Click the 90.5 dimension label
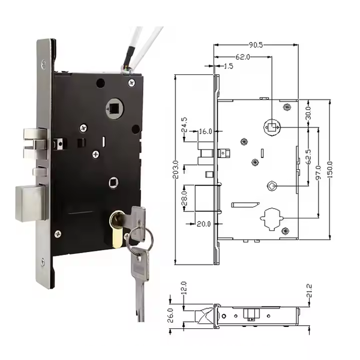click(x=256, y=45)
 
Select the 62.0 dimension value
click(x=242, y=57)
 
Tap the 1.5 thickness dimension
click(x=228, y=66)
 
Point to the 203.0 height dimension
click(x=176, y=170)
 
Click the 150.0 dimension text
click(x=329, y=170)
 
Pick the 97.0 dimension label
click(x=318, y=172)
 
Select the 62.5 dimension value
click(x=308, y=157)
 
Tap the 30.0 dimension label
click(x=308, y=113)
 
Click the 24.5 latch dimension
click(x=184, y=125)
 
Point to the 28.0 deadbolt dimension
click(x=184, y=198)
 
